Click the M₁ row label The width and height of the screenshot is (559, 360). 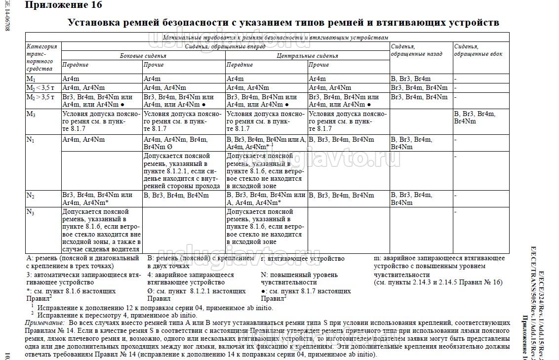[31, 79]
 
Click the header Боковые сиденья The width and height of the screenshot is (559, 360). [143, 56]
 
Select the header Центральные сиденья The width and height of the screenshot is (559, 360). [307, 56]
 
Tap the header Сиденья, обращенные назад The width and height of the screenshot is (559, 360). [409, 50]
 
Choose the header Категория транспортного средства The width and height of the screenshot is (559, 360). [42, 57]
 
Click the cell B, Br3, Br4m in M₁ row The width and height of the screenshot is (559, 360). [410, 79]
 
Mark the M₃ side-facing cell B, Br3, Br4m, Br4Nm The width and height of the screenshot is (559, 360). [475, 118]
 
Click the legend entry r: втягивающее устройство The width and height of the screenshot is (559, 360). [302, 258]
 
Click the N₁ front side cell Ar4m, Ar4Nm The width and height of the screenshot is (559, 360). [83, 140]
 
